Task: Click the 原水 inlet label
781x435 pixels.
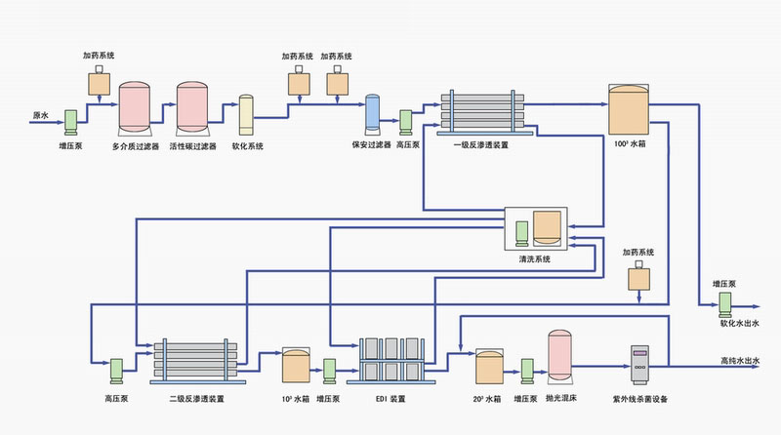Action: tap(41, 114)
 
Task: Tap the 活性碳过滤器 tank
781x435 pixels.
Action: tap(190, 110)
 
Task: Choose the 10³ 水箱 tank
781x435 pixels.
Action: tap(295, 366)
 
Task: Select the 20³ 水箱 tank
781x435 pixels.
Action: tap(488, 367)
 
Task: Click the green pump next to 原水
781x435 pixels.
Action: tap(71, 122)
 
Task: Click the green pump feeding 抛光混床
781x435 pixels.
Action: tap(527, 371)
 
